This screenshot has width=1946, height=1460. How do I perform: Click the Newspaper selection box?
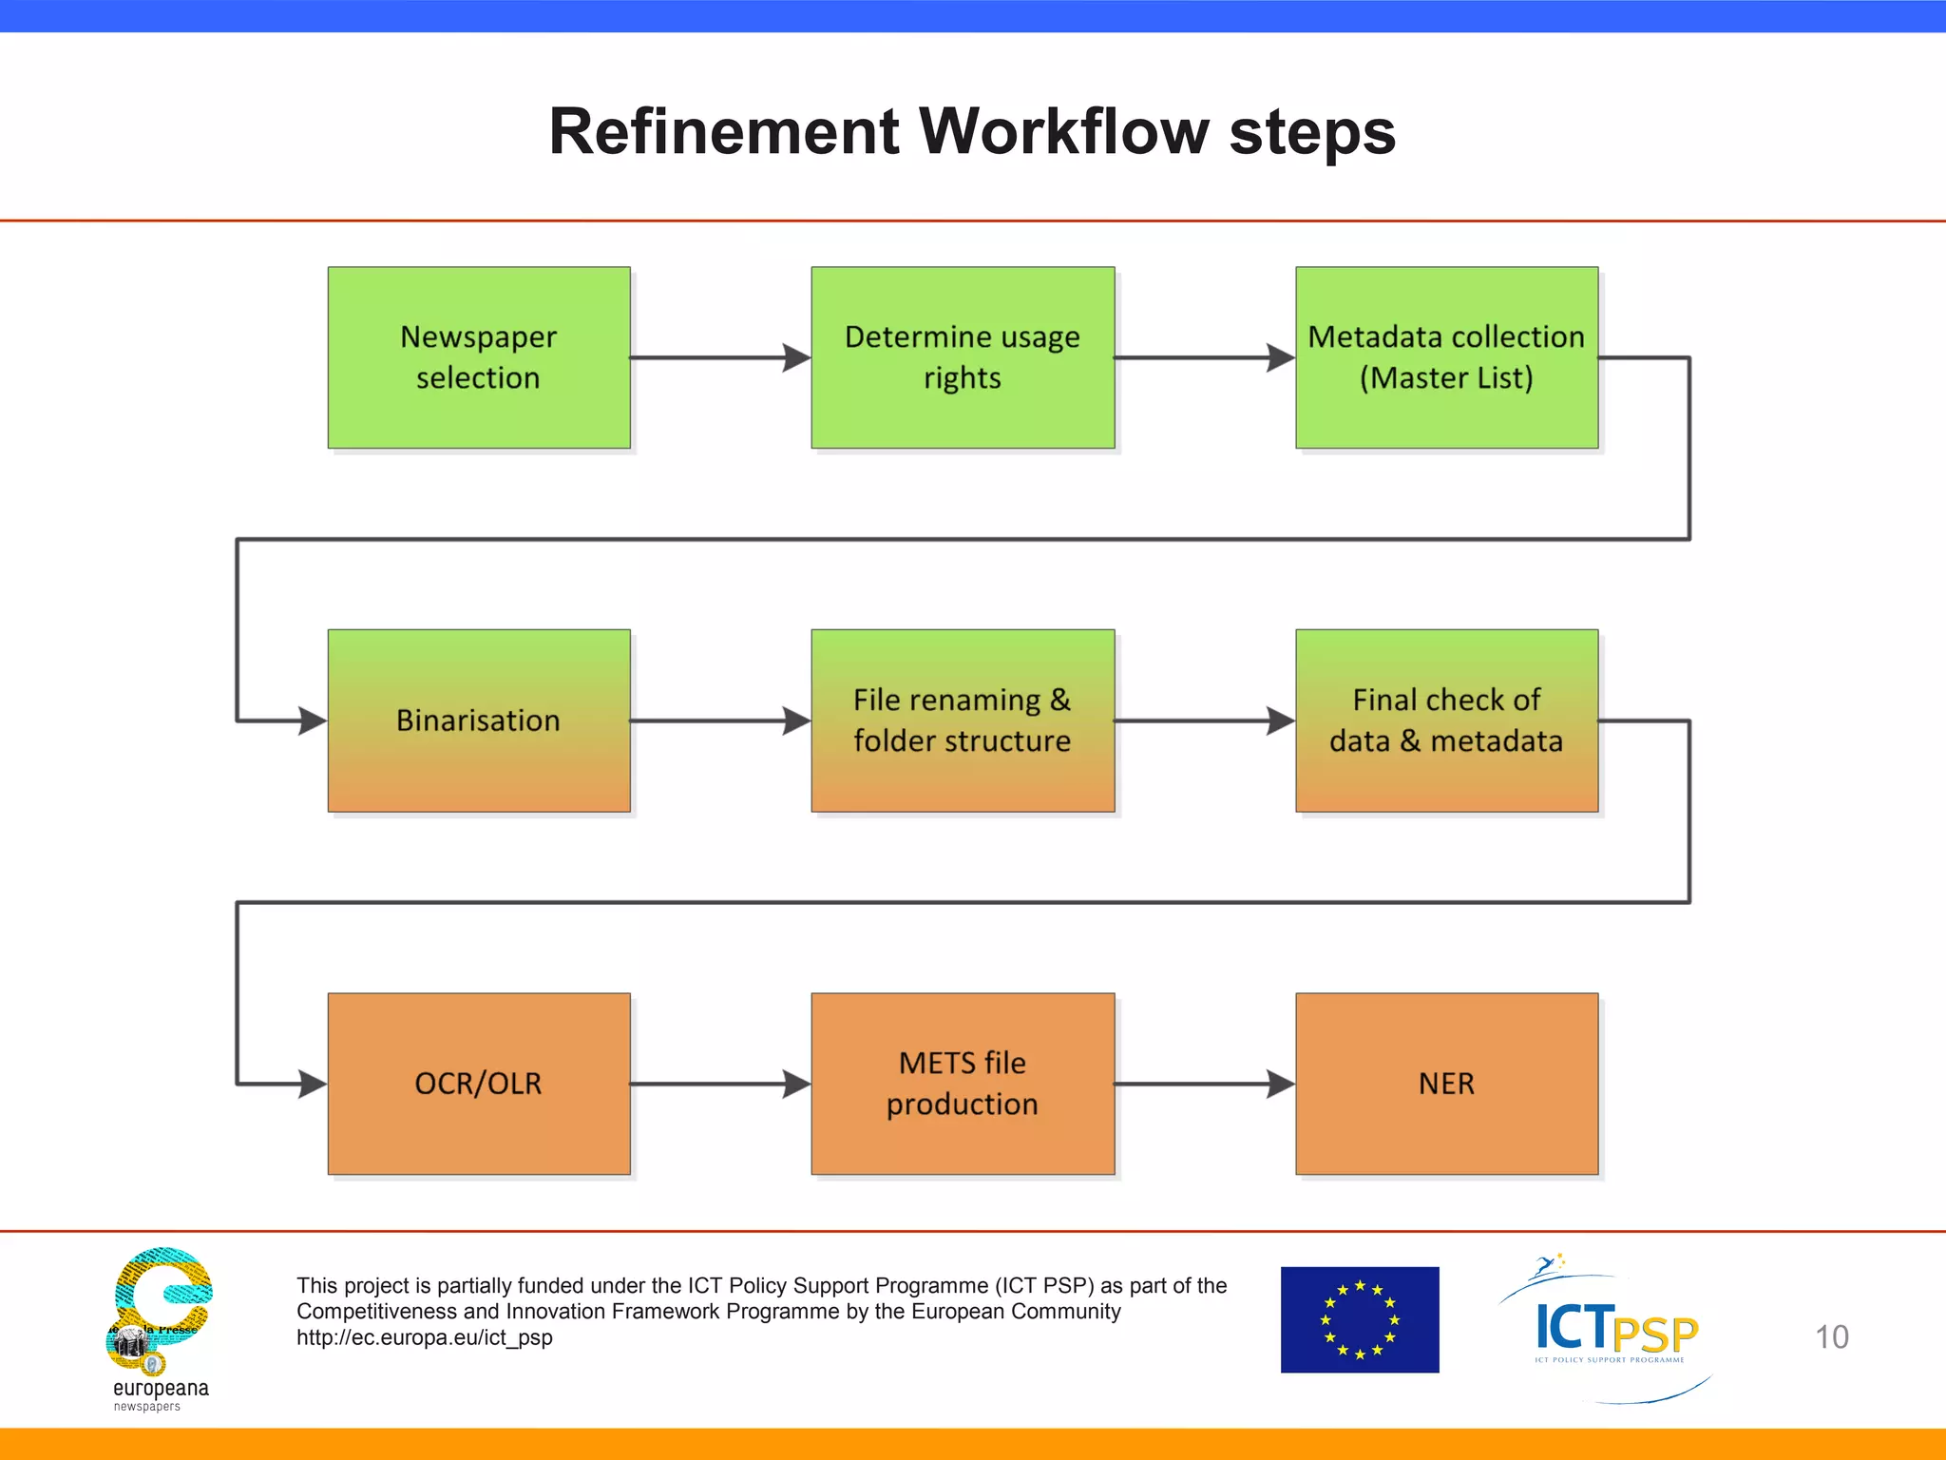coord(479,357)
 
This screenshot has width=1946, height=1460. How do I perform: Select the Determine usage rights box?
coord(963,357)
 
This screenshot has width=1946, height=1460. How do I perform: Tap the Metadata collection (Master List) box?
coord(1446,357)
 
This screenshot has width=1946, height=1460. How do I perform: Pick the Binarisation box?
coord(479,720)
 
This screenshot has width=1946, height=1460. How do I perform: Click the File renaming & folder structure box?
coord(963,720)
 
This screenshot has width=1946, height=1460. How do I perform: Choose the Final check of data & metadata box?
coord(1446,720)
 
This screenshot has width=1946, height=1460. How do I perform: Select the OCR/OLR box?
coord(479,1084)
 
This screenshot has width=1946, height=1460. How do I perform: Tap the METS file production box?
coord(963,1084)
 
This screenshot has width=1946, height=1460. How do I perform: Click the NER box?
coord(1446,1084)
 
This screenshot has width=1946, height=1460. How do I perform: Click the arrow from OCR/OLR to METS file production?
coord(720,1084)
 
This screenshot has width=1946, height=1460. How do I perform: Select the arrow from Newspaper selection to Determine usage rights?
coord(720,357)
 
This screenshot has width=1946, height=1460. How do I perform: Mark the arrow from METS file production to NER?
coord(1204,1084)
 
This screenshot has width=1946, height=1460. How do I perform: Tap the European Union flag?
coord(1359,1319)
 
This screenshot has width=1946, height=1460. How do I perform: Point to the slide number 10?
coord(1831,1337)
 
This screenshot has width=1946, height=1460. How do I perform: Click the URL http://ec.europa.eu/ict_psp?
coord(425,1337)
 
